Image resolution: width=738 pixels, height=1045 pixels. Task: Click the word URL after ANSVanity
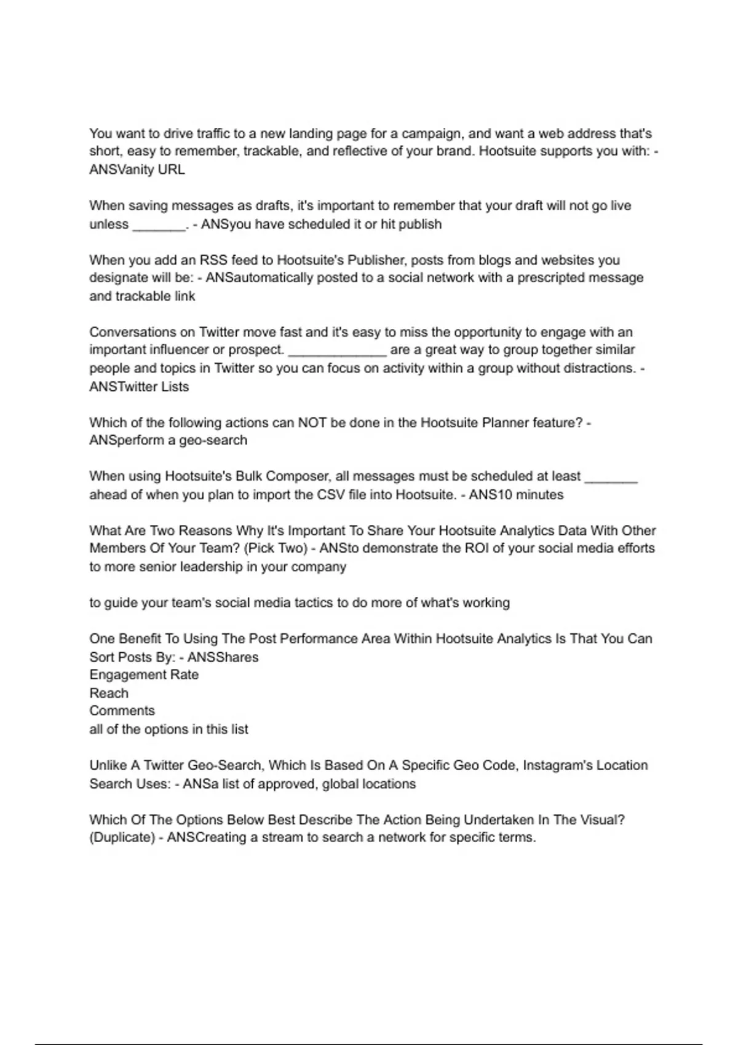click(x=171, y=170)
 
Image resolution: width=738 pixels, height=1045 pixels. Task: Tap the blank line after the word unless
click(x=159, y=225)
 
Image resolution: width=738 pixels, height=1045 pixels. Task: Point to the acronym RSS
click(x=213, y=260)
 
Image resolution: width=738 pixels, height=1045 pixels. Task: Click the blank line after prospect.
click(x=337, y=351)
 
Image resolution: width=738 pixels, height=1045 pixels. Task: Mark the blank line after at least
click(x=611, y=478)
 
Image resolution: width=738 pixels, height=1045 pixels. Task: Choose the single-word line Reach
click(x=109, y=693)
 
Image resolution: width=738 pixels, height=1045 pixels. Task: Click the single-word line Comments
click(x=122, y=711)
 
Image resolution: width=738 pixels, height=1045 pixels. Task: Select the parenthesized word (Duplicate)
click(x=122, y=838)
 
